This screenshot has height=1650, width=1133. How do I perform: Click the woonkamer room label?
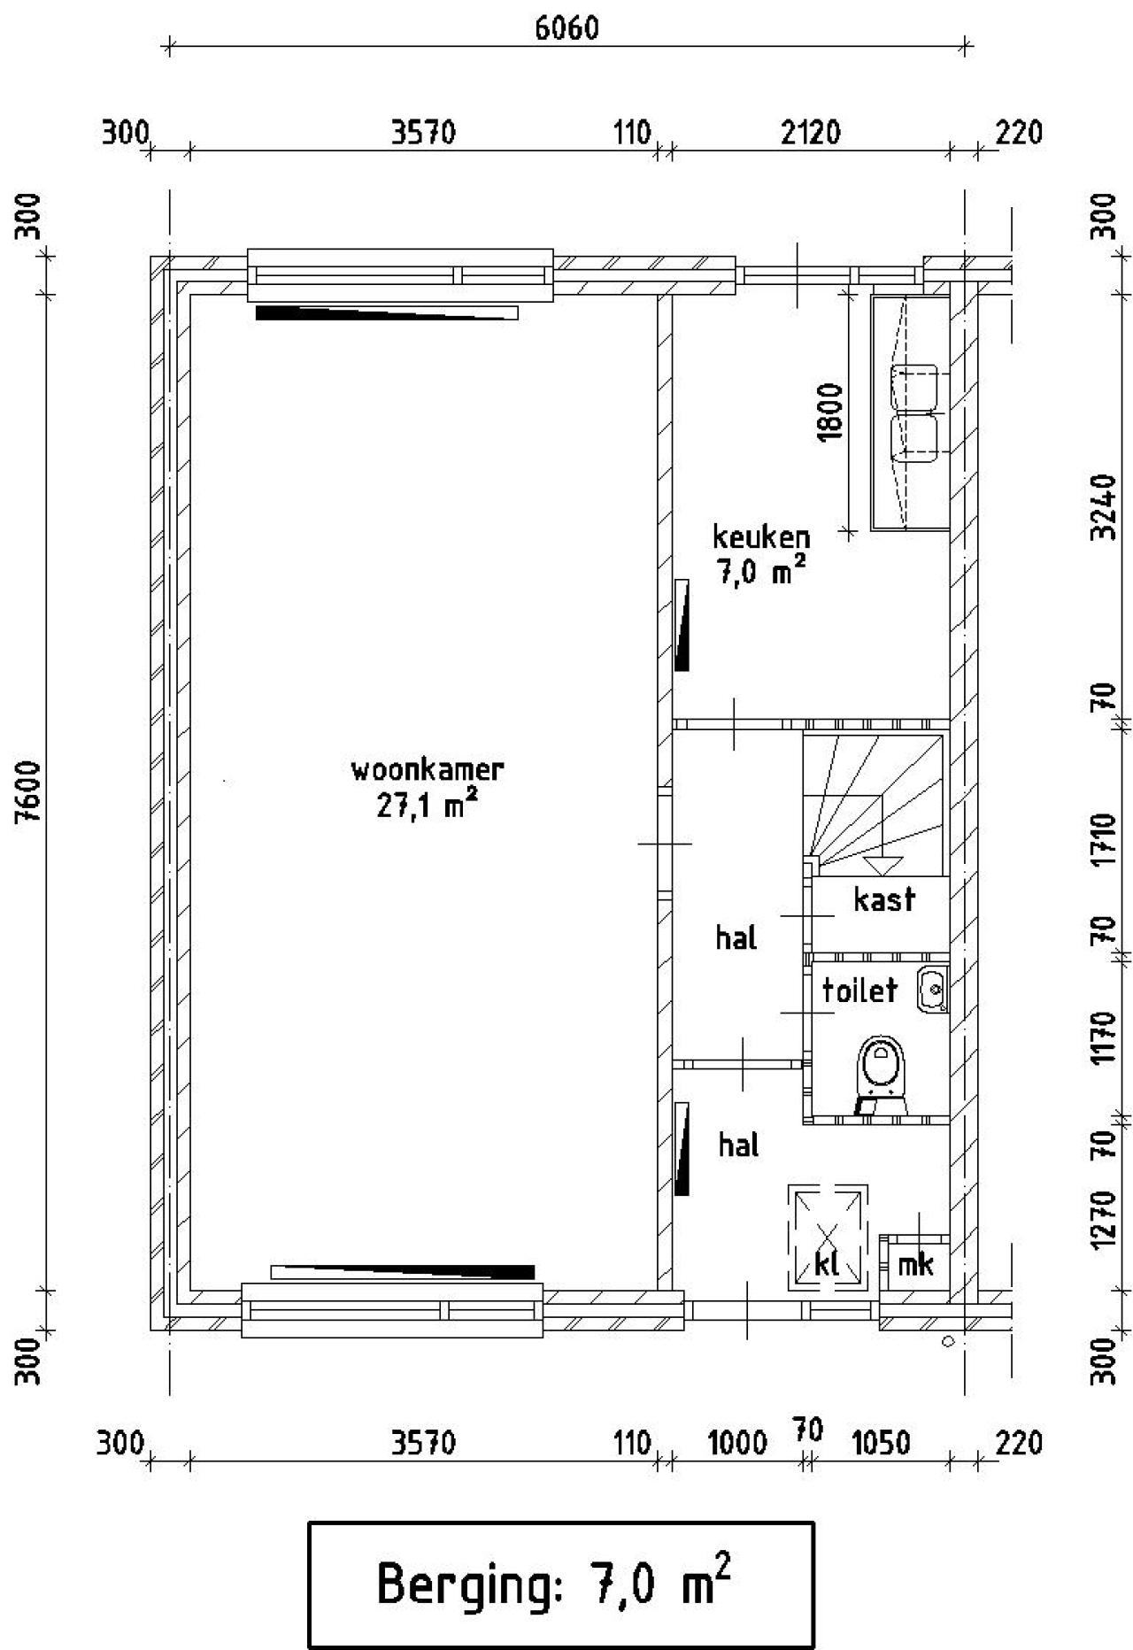click(x=428, y=769)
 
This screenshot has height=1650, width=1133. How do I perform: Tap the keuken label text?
click(x=761, y=536)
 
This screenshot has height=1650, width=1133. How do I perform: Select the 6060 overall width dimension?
click(x=566, y=28)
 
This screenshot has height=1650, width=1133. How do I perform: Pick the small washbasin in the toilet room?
click(x=931, y=988)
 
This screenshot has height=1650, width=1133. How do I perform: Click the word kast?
click(x=883, y=899)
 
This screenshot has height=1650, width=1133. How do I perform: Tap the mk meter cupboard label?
click(x=915, y=1264)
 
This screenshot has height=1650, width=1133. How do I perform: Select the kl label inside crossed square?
click(x=827, y=1263)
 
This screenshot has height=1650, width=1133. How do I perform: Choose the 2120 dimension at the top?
click(x=812, y=134)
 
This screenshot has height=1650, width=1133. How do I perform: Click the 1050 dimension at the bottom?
click(x=880, y=1444)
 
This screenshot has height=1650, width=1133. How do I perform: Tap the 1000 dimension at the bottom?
click(x=737, y=1444)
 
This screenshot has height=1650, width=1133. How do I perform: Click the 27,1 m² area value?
click(x=428, y=806)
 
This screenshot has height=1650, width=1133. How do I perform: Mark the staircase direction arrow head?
click(x=882, y=865)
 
